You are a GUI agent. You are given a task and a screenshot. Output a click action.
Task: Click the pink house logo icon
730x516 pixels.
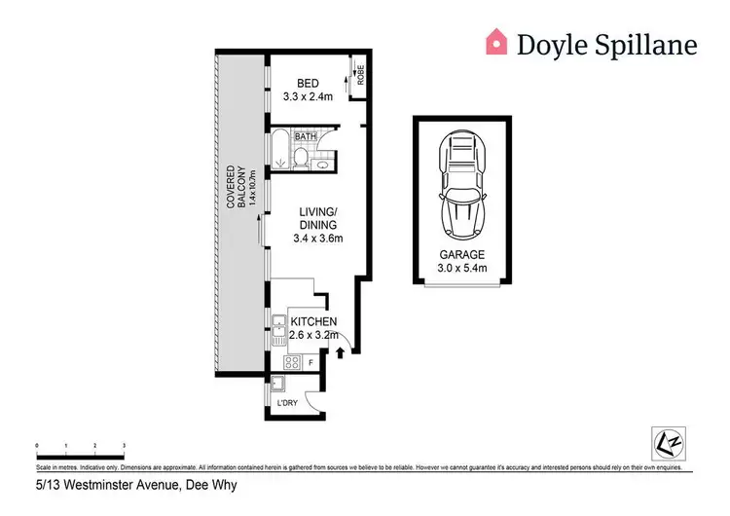click(497, 41)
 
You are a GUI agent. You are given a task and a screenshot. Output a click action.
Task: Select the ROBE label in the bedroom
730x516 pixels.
click(359, 76)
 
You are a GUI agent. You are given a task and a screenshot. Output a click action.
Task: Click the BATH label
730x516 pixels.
click(307, 137)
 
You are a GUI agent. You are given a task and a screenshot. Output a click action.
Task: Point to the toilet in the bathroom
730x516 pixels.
click(303, 157)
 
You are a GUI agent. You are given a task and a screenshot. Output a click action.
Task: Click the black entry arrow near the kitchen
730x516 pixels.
click(340, 354)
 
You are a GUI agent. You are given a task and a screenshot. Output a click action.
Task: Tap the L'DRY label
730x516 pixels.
click(286, 402)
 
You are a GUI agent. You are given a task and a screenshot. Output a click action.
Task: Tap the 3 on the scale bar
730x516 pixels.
click(124, 445)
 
